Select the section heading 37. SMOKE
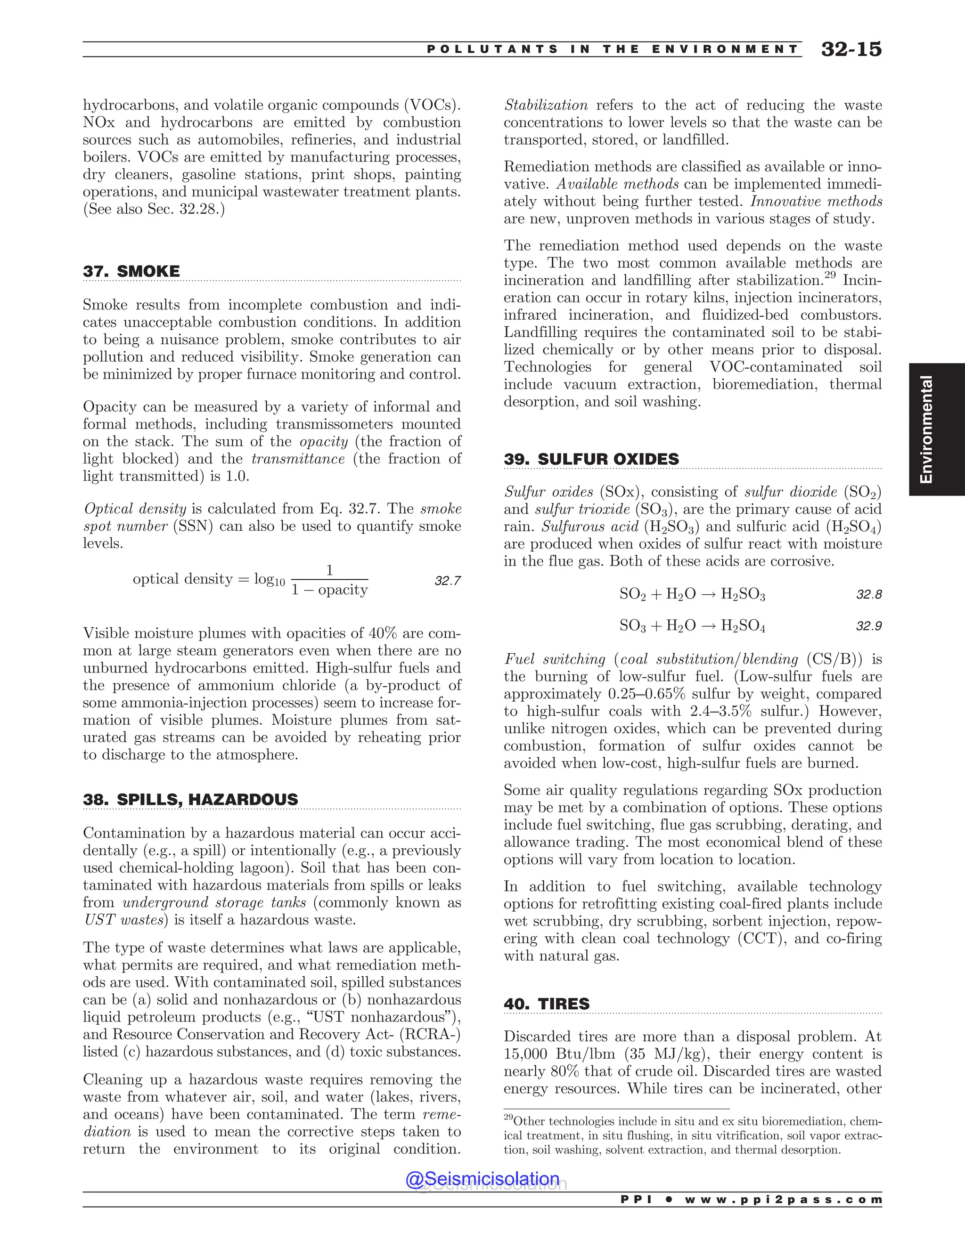(131, 271)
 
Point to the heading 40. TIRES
(547, 1004)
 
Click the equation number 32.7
(448, 581)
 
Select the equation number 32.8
(868, 595)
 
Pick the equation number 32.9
(868, 626)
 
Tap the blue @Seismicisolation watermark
(482, 1179)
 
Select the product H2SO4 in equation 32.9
(743, 626)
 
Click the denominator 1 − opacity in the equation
(329, 590)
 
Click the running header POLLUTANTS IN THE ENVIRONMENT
(612, 49)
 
